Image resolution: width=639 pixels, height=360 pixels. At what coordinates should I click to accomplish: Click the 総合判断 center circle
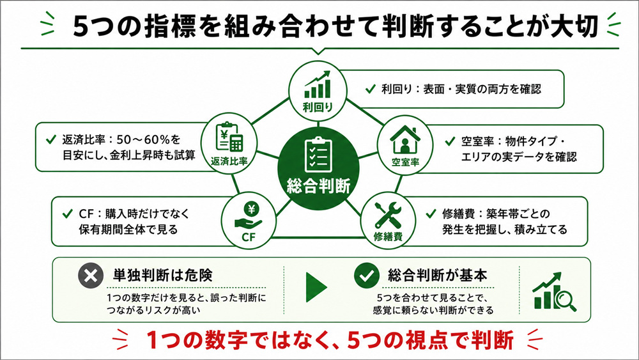tap(318, 169)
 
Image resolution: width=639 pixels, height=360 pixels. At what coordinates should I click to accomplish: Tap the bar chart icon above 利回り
tap(318, 84)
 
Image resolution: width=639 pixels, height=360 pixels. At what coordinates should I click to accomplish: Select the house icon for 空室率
tap(404, 140)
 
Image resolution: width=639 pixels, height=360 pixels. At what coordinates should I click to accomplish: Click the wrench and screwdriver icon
tap(388, 215)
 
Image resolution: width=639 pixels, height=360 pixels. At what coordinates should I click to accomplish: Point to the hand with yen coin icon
tap(249, 217)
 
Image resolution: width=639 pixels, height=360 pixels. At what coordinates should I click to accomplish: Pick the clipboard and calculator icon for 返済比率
tap(229, 137)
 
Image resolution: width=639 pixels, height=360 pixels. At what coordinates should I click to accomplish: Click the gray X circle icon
tap(91, 276)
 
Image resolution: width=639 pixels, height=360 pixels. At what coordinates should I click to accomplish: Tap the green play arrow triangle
tap(316, 287)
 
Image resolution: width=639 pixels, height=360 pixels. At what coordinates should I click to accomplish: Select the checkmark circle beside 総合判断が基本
tap(367, 275)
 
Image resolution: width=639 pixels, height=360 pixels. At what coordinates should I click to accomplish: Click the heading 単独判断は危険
tap(162, 276)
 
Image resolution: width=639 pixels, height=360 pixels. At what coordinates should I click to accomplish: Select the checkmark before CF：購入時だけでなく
tap(68, 214)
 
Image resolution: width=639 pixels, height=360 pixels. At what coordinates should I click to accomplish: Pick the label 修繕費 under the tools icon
tap(388, 237)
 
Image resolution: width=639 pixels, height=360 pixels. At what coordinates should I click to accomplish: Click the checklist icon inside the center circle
tap(318, 155)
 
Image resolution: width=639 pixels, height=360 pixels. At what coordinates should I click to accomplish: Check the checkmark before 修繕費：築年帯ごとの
tap(431, 214)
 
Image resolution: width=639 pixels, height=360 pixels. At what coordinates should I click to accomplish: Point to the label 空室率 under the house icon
tap(405, 162)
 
